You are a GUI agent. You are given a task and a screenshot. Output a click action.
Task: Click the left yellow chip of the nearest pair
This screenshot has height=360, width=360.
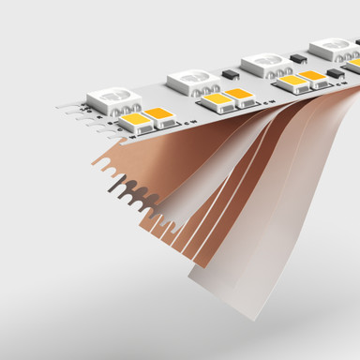(135, 121)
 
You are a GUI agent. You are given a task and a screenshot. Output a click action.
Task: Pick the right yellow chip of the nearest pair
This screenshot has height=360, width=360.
(160, 116)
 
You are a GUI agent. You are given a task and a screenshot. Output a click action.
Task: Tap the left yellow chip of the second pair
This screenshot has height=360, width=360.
(217, 98)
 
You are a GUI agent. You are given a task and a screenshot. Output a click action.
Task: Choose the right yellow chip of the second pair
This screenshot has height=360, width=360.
(240, 94)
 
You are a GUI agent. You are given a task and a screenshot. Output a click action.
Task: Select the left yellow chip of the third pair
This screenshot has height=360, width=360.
(292, 81)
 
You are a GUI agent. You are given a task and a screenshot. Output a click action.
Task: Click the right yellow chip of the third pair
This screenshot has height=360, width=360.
(312, 76)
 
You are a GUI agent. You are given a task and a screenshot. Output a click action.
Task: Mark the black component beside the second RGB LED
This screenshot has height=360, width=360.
(229, 74)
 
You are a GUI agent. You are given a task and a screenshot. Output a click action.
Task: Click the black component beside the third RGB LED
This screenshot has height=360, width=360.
(300, 58)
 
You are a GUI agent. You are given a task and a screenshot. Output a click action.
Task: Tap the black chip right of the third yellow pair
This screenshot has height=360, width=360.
(335, 72)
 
